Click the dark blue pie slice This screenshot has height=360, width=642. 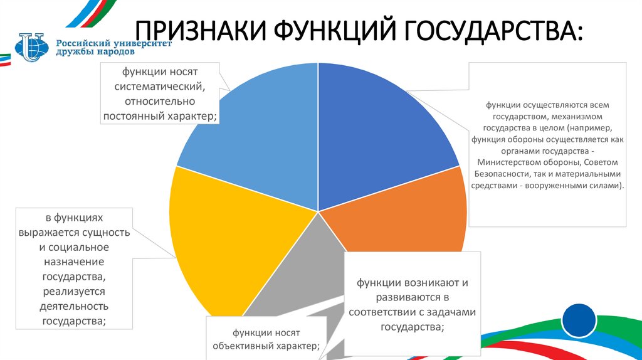[x=376, y=138]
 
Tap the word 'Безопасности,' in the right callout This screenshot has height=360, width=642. [x=502, y=174]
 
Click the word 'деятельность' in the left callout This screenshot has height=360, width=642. [x=75, y=306]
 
